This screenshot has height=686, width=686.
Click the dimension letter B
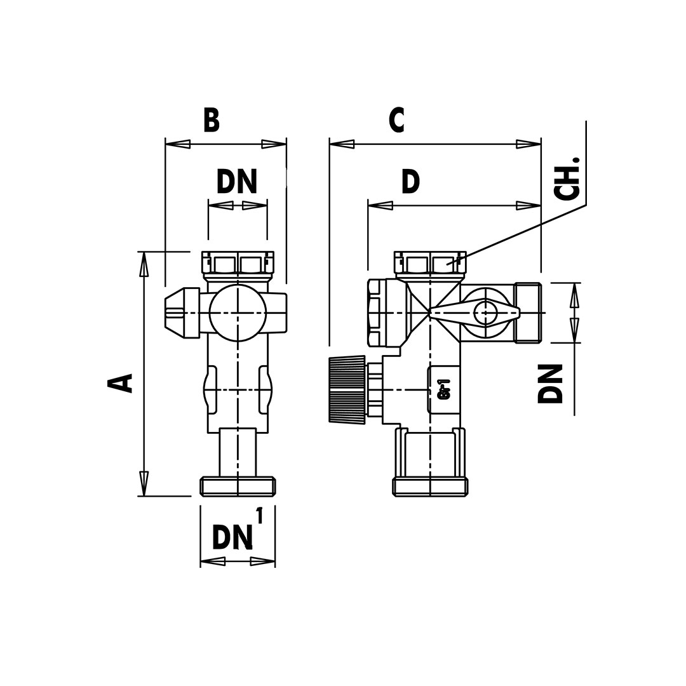pos(212,120)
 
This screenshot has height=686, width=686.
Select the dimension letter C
pos(396,120)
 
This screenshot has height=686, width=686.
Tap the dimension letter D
pos(410,182)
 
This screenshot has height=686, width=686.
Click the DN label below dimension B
pos(236,182)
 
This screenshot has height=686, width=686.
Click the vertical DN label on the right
pos(551,384)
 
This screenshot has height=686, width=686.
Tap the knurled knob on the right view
pos(347,389)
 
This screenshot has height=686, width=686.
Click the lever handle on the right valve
pos(474,313)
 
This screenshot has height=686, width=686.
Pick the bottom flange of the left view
pos(238,487)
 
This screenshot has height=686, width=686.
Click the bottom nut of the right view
pos(430,487)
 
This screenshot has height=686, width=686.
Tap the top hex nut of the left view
pos(238,262)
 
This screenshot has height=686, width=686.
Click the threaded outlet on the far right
pos(528,313)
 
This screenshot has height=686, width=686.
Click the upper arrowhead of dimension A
pos(144,264)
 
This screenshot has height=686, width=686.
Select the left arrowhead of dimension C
pos(342,144)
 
